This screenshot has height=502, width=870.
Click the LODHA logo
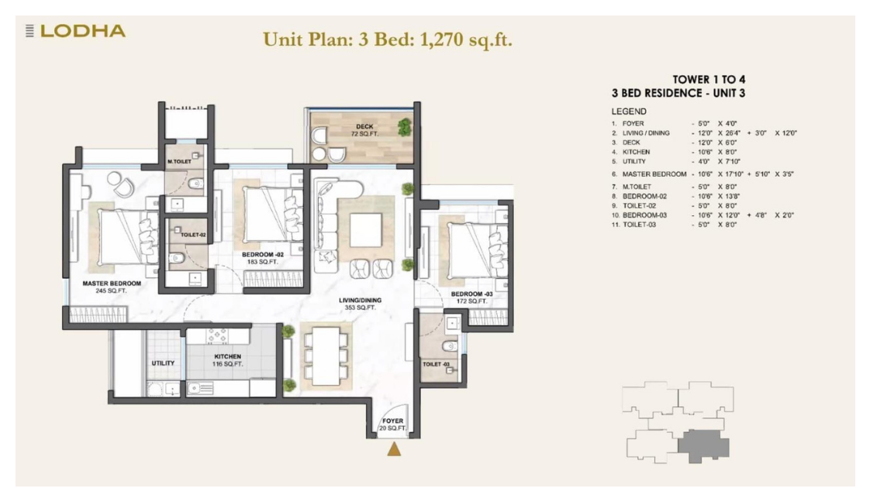[76, 31]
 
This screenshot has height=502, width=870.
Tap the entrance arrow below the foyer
[394, 449]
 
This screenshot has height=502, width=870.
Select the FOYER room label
[393, 421]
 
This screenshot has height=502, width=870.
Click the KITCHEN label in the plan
[227, 357]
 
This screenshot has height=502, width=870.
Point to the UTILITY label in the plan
[163, 363]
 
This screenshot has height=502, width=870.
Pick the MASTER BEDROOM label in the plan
[112, 283]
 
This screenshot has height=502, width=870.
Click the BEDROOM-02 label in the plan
[262, 255]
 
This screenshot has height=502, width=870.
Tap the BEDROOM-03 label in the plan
[471, 294]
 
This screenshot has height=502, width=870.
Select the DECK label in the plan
[364, 127]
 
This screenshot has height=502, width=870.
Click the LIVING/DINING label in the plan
[360, 301]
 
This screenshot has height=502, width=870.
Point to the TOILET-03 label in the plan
[436, 364]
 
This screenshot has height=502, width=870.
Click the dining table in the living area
[326, 356]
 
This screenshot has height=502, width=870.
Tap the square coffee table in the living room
[366, 230]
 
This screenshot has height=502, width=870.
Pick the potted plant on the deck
[405, 127]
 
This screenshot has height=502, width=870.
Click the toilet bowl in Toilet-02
[177, 258]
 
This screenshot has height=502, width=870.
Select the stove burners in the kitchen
[217, 336]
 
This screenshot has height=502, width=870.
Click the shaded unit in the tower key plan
[703, 445]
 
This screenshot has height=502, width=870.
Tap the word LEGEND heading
[629, 112]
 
